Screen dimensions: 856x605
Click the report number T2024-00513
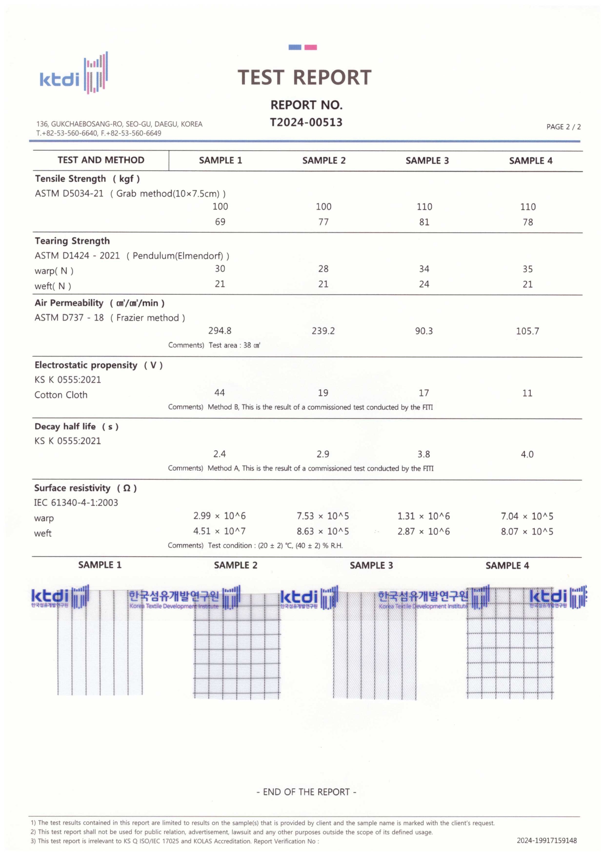coord(306,122)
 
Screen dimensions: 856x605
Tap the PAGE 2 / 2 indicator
coord(563,127)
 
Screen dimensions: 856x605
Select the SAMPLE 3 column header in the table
coord(427,160)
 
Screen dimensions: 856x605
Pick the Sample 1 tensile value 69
coord(220,222)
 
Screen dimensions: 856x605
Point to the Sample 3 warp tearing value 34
coord(424,269)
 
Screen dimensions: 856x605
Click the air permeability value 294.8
coord(220,331)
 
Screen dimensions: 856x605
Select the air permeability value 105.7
coord(527,331)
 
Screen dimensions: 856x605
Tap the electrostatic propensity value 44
coord(220,393)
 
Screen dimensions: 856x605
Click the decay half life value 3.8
coord(423,454)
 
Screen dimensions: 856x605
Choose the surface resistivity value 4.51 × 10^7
coord(219,531)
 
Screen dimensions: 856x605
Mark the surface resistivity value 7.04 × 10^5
coord(527,516)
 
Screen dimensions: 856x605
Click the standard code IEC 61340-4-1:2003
coord(76,503)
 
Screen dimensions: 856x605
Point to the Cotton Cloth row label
coord(60,395)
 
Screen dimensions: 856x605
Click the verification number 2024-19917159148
coord(546,840)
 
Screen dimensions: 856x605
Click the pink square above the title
coord(310,47)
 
